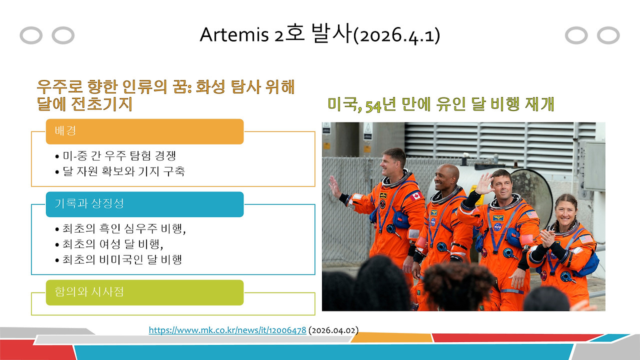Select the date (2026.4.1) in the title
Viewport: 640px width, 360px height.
click(x=396, y=35)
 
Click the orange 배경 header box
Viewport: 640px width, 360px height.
click(x=144, y=131)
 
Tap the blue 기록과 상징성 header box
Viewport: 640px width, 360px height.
click(x=144, y=204)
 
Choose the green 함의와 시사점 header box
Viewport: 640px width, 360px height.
click(x=144, y=292)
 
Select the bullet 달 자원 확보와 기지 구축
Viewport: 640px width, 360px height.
click(x=120, y=171)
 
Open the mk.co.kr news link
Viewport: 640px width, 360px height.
click(x=227, y=330)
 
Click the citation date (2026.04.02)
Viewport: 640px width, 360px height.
click(x=333, y=330)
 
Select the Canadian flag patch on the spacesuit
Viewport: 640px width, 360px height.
click(x=416, y=196)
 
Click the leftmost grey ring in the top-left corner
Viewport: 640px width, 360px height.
click(x=30, y=35)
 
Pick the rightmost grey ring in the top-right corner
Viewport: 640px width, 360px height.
click(x=608, y=35)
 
